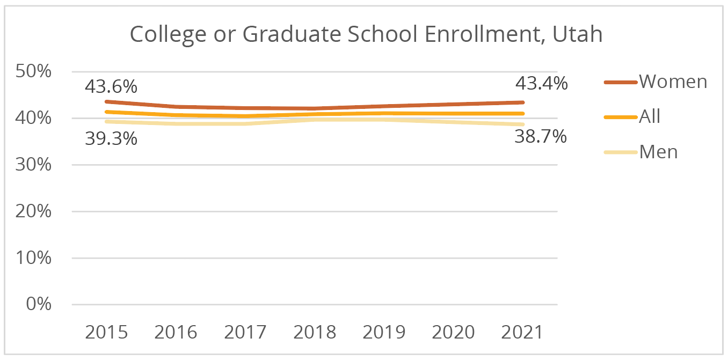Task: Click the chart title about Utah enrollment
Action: tap(366, 35)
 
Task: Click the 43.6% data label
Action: tap(111, 86)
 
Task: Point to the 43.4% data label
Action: tap(541, 84)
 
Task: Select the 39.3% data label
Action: tap(111, 138)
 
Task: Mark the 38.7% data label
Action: tap(541, 137)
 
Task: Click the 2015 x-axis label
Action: tap(107, 332)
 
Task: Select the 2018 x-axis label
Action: tap(315, 332)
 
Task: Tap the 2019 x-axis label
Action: tap(384, 332)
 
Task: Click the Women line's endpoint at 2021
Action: tap(523, 102)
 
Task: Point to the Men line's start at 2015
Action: tap(107, 121)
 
